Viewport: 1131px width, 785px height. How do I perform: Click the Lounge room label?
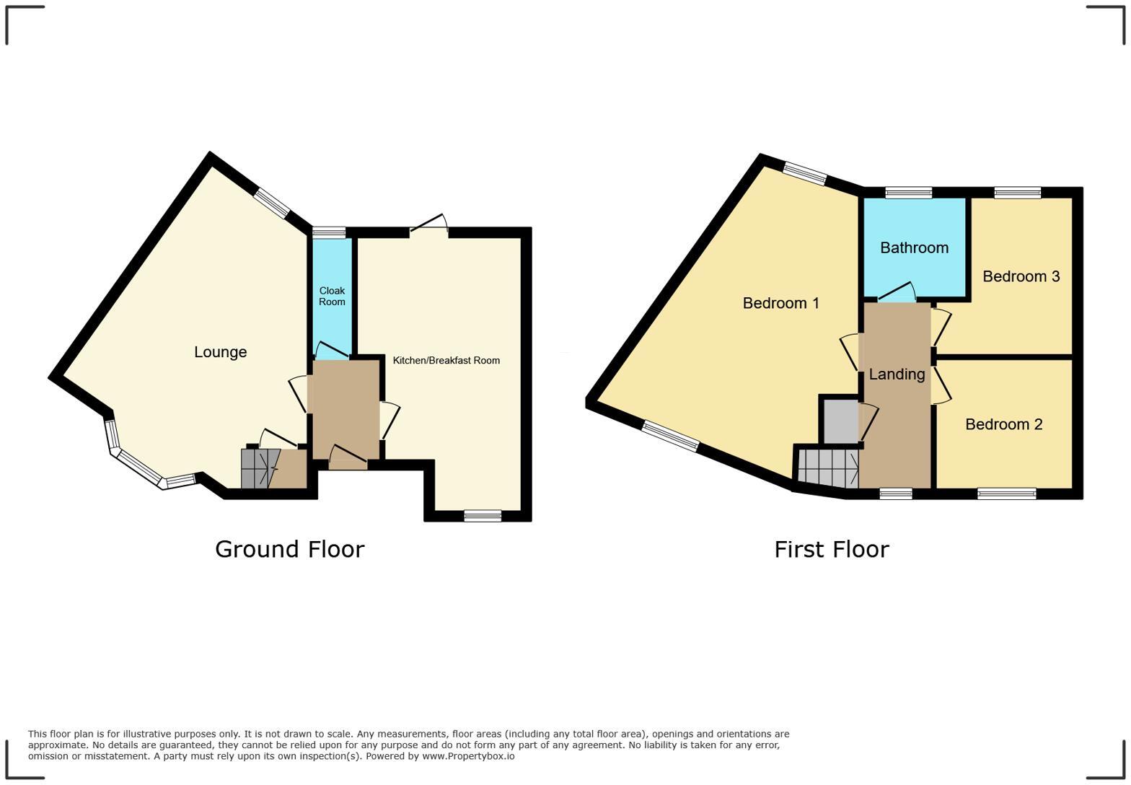(221, 352)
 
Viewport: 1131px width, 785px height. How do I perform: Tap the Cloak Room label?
(332, 296)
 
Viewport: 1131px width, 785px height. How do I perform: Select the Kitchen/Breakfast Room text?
(446, 360)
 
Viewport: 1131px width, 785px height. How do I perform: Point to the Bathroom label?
(915, 247)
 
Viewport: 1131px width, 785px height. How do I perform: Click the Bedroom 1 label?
(780, 303)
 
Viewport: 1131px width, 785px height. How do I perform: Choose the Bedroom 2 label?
(1004, 424)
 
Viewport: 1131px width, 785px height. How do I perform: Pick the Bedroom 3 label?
(1021, 276)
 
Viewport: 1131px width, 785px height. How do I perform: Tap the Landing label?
(897, 374)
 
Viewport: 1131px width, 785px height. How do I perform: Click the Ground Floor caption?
(289, 549)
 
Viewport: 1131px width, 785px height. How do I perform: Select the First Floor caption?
(832, 549)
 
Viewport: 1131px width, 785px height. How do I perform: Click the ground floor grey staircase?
(260, 469)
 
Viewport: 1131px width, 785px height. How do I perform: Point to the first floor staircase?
(828, 468)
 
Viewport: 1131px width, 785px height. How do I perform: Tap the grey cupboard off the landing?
(841, 421)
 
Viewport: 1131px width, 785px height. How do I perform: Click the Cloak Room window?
(329, 232)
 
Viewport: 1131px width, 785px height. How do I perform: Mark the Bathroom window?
(908, 193)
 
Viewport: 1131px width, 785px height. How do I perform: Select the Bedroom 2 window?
(1007, 494)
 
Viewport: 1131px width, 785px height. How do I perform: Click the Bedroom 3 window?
(1018, 193)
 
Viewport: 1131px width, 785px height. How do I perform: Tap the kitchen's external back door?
(428, 226)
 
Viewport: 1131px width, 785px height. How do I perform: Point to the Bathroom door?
(897, 292)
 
